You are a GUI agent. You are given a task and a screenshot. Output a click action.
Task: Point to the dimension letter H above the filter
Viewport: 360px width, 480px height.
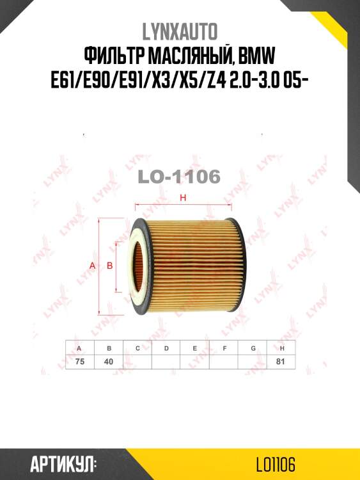(x=183, y=198)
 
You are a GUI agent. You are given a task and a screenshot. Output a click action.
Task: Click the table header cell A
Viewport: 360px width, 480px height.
(x=79, y=348)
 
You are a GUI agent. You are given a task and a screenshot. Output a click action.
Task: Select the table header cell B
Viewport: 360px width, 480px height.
(x=108, y=348)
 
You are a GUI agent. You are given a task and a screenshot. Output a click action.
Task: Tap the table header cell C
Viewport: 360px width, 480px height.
(x=137, y=348)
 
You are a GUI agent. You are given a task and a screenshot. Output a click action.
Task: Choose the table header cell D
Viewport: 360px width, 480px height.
(x=166, y=348)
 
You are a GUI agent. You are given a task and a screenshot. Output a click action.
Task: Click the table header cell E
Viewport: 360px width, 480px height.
(x=195, y=348)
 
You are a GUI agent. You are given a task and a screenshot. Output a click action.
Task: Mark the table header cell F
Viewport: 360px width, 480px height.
(x=224, y=348)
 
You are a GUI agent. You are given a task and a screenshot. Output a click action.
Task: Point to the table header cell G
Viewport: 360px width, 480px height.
(x=253, y=348)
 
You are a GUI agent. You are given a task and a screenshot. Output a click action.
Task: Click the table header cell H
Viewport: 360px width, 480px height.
(x=282, y=348)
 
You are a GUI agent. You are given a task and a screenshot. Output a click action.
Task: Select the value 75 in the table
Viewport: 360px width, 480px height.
(x=79, y=362)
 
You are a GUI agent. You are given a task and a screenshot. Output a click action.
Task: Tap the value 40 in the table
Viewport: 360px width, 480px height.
(x=108, y=362)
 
